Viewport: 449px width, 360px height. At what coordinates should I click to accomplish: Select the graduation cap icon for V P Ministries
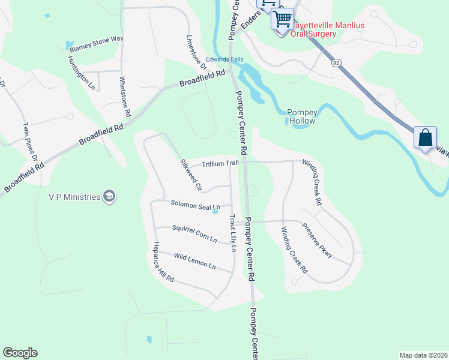[109, 196]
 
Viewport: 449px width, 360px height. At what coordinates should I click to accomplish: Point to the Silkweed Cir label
[191, 175]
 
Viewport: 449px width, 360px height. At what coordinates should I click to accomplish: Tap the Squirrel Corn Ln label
[194, 233]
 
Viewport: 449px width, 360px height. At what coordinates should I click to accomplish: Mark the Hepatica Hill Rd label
[163, 262]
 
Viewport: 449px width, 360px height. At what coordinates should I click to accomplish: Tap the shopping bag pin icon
[425, 137]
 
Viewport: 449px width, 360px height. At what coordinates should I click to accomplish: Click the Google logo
[20, 353]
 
